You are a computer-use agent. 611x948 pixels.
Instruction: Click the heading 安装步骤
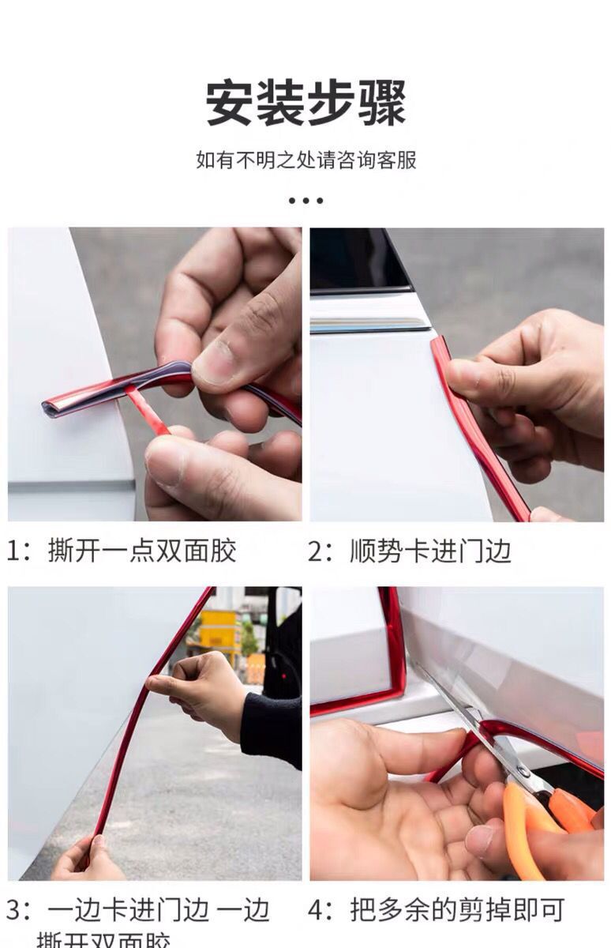305,103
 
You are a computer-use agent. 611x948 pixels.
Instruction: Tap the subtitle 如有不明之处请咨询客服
305,160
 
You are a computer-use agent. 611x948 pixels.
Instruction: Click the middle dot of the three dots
305,201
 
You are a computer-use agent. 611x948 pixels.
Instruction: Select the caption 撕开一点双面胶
142,551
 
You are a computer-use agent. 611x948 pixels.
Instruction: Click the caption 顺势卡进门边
430,551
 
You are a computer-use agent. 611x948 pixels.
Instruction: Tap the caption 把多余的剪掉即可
457,910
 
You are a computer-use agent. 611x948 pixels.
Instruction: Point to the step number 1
13,551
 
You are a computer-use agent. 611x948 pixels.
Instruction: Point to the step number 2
316,551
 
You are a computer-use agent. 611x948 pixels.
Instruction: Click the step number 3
13,911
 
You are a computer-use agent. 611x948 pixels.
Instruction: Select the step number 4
316,910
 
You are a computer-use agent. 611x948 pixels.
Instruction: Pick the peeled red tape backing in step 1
146,411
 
